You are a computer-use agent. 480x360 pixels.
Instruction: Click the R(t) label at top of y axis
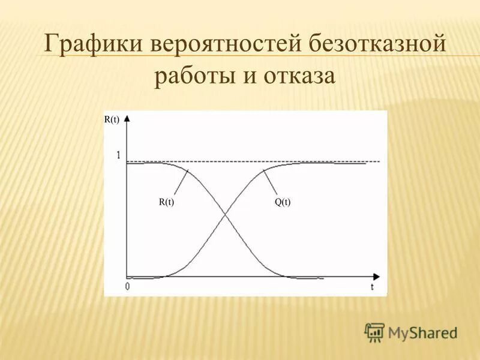(x=112, y=119)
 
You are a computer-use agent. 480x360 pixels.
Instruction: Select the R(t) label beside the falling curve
(x=166, y=203)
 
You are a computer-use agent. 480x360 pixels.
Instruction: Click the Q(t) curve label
(x=283, y=203)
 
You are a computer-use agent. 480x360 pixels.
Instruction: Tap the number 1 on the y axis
(x=119, y=155)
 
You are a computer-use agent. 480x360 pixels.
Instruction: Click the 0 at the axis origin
(x=127, y=286)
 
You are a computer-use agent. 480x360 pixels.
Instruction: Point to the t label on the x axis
(x=372, y=287)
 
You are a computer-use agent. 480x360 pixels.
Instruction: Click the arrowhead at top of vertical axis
(x=127, y=118)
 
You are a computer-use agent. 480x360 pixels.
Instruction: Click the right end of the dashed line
(x=379, y=161)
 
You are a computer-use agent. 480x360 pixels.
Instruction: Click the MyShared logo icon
(x=375, y=332)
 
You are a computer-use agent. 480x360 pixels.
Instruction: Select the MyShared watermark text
(x=422, y=332)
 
